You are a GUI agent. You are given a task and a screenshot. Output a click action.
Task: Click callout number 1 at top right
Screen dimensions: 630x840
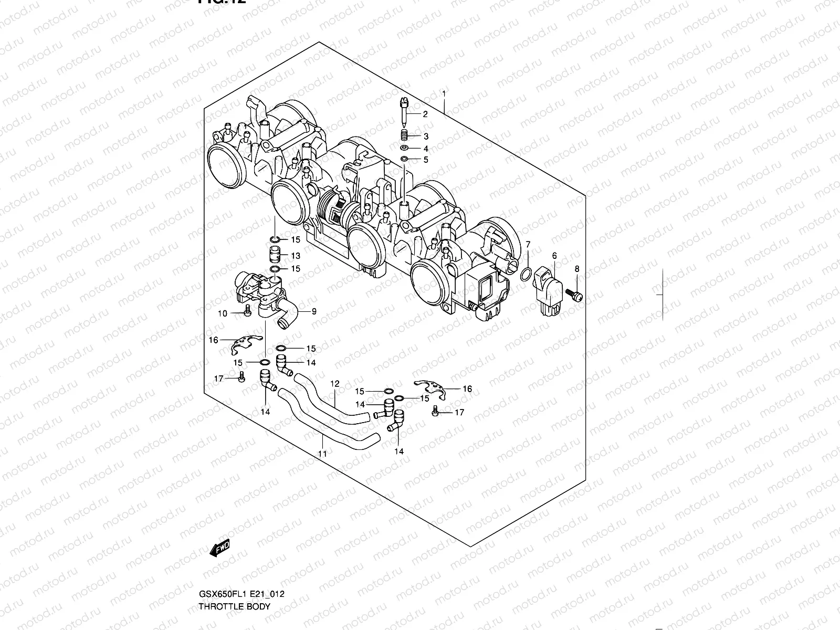tap(444, 94)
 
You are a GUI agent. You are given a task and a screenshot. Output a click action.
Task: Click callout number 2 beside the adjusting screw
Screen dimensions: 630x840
tap(425, 114)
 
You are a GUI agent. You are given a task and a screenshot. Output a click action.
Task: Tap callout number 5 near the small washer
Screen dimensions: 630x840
tap(426, 160)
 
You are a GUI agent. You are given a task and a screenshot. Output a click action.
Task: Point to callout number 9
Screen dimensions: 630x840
tap(314, 311)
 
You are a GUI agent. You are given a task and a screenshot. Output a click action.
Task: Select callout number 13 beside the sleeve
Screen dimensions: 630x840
tap(296, 256)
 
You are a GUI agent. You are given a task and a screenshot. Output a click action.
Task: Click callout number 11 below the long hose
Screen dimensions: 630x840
tap(322, 453)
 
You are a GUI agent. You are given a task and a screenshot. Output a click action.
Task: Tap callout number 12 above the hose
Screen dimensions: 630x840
tap(335, 384)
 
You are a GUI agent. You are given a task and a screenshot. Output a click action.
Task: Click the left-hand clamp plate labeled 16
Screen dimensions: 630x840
tap(246, 342)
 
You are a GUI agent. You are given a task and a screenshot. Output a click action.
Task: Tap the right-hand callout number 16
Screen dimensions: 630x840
tap(467, 389)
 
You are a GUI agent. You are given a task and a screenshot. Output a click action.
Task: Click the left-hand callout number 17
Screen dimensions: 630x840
tap(218, 379)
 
